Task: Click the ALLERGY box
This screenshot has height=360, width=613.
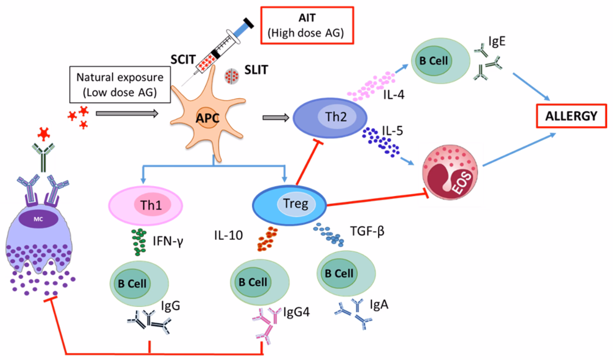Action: click(x=571, y=116)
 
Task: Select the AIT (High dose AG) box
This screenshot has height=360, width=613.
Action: click(x=307, y=25)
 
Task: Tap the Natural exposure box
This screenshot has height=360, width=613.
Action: click(x=120, y=85)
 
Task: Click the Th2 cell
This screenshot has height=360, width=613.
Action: click(x=330, y=118)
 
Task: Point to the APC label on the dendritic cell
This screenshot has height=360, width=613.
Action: click(x=207, y=118)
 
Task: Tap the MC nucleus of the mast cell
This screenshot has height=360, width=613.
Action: click(x=38, y=219)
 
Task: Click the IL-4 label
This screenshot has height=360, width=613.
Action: click(x=394, y=94)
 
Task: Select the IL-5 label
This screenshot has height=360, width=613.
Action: click(x=392, y=131)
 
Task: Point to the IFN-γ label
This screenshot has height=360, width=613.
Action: click(x=168, y=241)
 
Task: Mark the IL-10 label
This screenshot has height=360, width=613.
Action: click(x=228, y=236)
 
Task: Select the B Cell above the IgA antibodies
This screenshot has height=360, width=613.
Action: click(x=346, y=273)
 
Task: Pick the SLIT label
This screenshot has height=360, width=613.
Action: click(x=256, y=70)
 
